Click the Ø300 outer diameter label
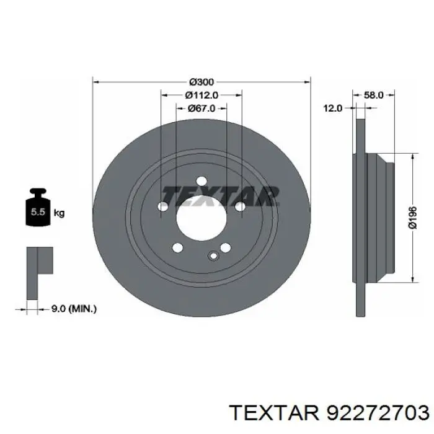click(201, 82)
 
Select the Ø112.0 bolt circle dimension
click(201, 95)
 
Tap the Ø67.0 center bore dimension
click(201, 108)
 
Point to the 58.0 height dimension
click(373, 95)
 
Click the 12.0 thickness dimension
click(333, 108)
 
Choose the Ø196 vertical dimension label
click(412, 218)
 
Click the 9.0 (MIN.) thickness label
click(74, 309)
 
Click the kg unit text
click(59, 213)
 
